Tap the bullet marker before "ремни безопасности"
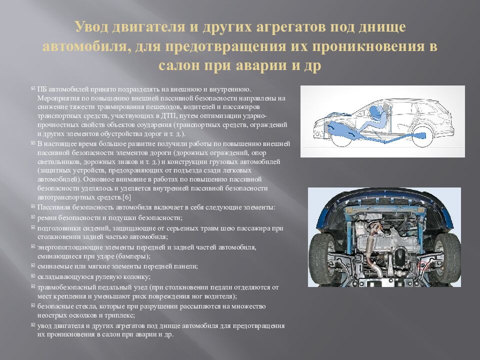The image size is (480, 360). pos(33,217)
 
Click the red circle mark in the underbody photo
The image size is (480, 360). pos(424,264)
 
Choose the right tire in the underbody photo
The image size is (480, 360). pos(448,252)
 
